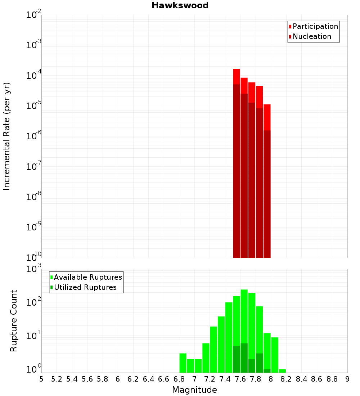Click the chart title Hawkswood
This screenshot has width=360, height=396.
pyautogui.click(x=180, y=5)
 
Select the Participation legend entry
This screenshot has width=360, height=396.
pyautogui.click(x=315, y=26)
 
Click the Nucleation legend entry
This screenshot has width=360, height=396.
pyautogui.click(x=312, y=36)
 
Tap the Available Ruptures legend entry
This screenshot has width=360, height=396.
pyautogui.click(x=87, y=277)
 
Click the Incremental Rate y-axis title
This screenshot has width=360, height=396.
pyautogui.click(x=7, y=136)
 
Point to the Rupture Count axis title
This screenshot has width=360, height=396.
pyautogui.click(x=14, y=321)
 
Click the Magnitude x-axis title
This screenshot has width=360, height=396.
pyautogui.click(x=194, y=390)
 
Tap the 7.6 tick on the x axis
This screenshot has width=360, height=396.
pyautogui.click(x=240, y=379)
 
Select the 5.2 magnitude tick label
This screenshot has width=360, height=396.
pyautogui.click(x=57, y=379)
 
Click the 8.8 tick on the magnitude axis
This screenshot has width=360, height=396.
pyautogui.click(x=332, y=379)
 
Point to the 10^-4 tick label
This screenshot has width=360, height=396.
pyautogui.click(x=33, y=76)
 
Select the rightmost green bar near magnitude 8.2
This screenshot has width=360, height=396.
pyautogui.click(x=282, y=371)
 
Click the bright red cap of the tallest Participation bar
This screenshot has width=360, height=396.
pyautogui.click(x=237, y=76)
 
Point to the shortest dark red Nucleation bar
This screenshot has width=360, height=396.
pyautogui.click(x=267, y=194)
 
